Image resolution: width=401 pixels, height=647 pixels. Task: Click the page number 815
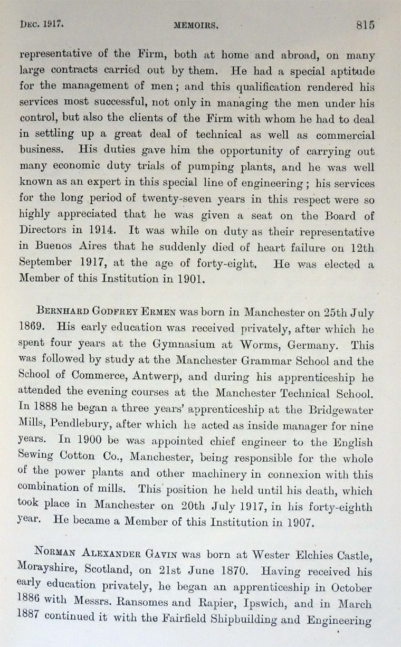point(365,24)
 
